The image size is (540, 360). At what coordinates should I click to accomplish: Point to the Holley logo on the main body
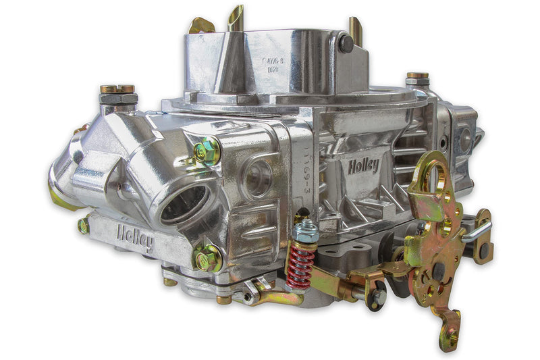point(364,165)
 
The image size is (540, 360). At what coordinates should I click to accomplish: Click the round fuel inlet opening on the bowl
point(184,202)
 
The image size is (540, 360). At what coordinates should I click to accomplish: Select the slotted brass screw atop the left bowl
point(117,88)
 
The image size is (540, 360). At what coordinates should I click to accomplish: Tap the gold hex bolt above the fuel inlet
point(207,151)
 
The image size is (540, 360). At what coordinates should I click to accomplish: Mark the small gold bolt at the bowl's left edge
point(83,226)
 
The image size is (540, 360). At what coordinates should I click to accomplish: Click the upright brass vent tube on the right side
point(356,30)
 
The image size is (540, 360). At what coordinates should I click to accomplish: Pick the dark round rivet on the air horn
point(346,43)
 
